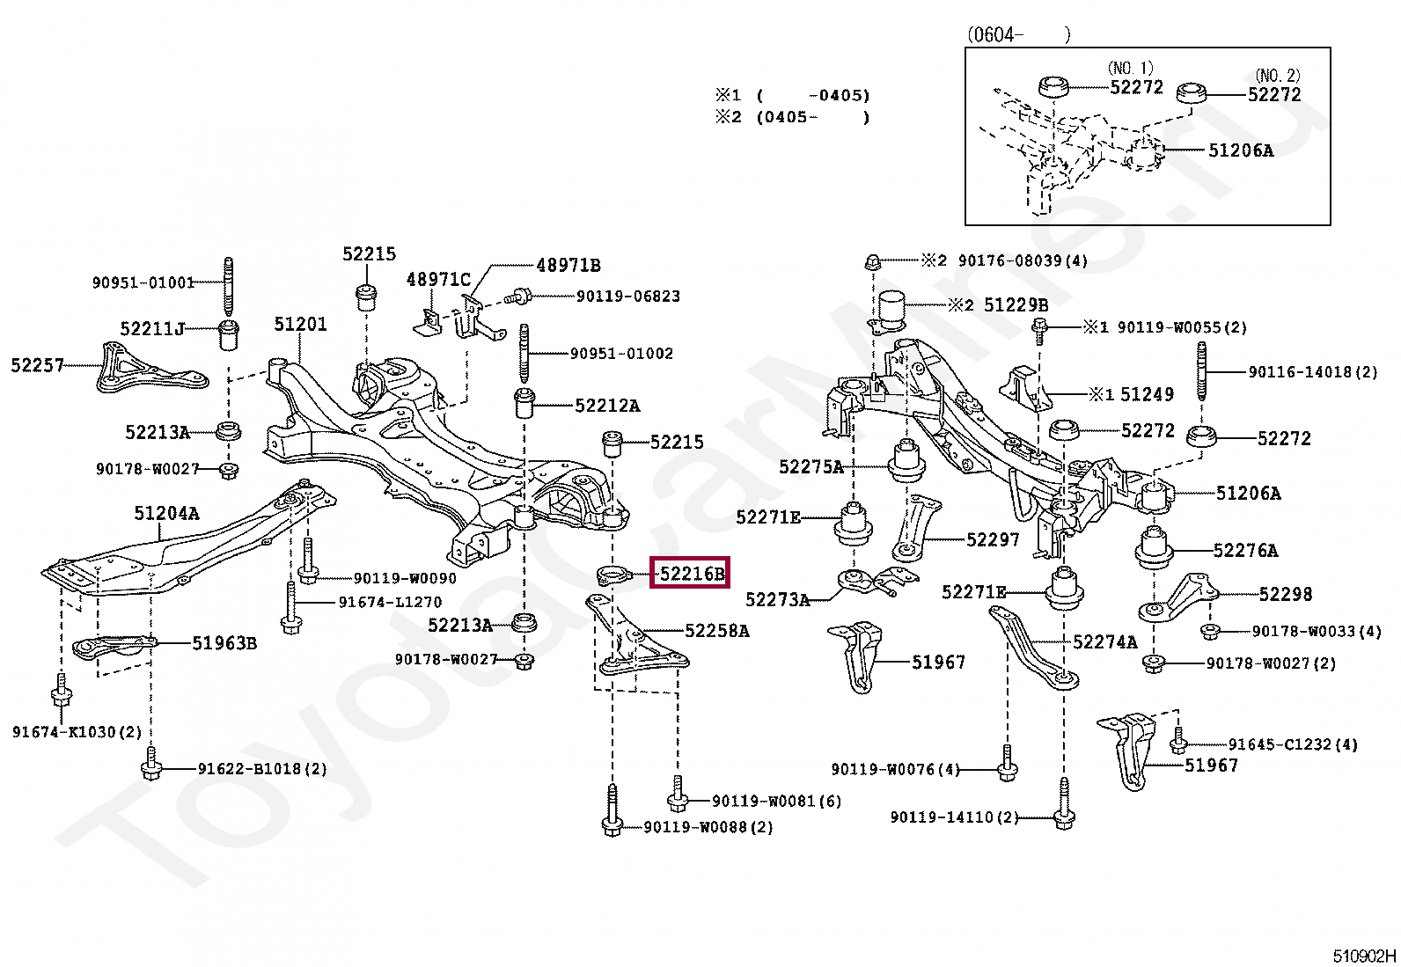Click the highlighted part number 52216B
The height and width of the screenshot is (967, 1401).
[692, 575]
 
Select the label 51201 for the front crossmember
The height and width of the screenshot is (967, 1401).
[299, 324]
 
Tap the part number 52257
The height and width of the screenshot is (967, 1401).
[37, 364]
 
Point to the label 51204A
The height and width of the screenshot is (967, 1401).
[166, 513]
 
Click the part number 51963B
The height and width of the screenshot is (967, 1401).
[224, 643]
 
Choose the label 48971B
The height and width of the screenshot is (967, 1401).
[568, 265]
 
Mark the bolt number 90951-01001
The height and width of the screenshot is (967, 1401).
[143, 282]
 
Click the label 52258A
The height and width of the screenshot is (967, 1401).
[717, 630]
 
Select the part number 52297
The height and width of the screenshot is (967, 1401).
[992, 539]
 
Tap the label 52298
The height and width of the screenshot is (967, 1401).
[1285, 594]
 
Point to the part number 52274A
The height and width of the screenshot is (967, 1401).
[1104, 642]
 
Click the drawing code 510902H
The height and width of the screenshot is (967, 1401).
[1363, 956]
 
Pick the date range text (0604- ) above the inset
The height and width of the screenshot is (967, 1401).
[1018, 35]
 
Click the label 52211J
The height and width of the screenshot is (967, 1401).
[152, 329]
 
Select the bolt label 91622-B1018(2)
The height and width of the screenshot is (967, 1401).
[261, 769]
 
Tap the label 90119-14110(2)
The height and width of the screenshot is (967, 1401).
[954, 817]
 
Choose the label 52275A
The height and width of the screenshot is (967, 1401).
[811, 466]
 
